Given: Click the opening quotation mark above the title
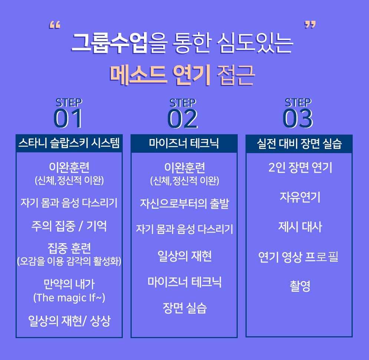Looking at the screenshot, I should coord(55,26).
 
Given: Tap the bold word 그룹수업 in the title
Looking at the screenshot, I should coord(109,43).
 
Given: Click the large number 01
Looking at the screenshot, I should coord(68,119).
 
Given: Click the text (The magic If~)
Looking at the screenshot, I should coord(69,298).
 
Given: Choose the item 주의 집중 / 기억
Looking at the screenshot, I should coord(69,226).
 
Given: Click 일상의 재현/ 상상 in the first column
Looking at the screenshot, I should coord(69,321).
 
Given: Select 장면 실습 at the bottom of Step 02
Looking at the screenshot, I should coord(184,308).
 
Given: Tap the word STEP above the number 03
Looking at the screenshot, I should coord(298,102).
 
